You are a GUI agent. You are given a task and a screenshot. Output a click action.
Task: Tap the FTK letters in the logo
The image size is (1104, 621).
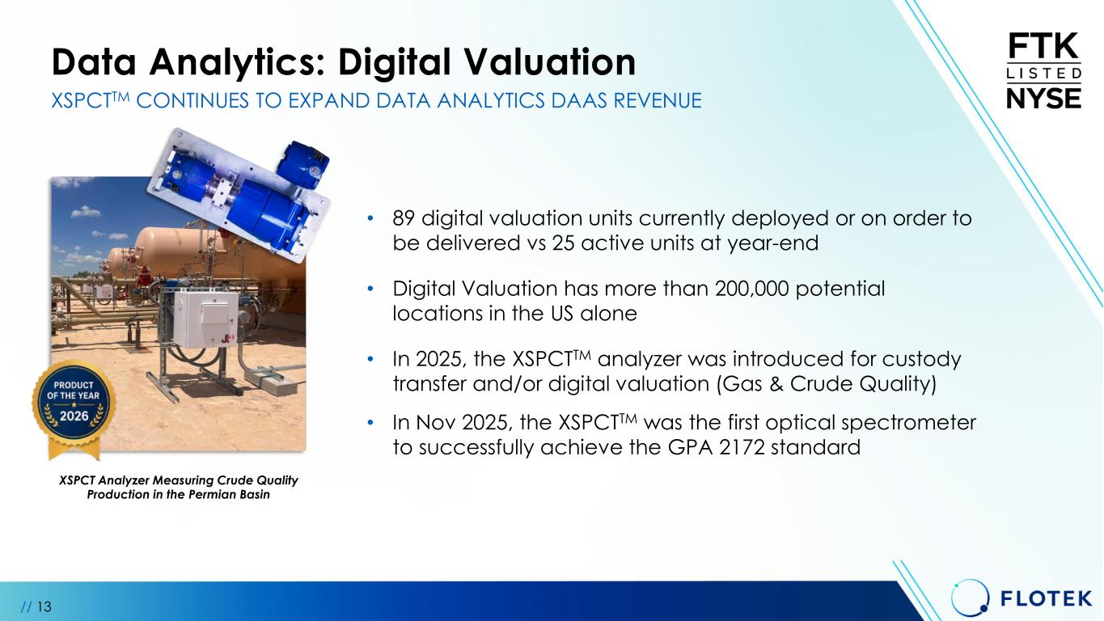[x=1044, y=46]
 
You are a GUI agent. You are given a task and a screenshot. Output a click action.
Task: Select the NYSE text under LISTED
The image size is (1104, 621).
[x=1044, y=99]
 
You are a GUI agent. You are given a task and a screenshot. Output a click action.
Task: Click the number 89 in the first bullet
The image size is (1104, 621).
[x=404, y=218]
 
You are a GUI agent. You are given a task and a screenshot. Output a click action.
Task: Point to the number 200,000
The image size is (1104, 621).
[x=751, y=289]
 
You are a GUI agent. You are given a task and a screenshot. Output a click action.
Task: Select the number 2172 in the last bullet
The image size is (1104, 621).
[x=742, y=447]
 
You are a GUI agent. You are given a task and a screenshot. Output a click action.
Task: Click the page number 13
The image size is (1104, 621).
[x=44, y=606]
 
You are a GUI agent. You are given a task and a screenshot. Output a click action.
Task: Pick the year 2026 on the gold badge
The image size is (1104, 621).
[x=74, y=416]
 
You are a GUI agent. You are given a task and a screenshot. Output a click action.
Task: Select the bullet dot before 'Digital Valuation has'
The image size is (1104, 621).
[x=370, y=289]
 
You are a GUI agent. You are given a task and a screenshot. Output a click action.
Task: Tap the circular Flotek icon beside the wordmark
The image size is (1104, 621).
[x=970, y=598]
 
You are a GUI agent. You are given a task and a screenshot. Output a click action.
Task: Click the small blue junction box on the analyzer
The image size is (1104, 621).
[x=302, y=164]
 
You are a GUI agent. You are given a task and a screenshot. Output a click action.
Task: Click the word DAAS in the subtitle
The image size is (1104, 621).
[x=579, y=100]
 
